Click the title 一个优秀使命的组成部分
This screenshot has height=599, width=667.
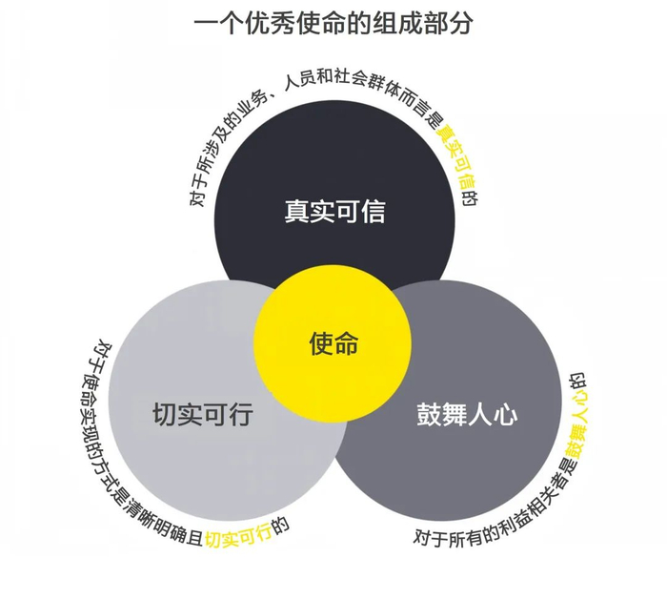pyautogui.click(x=333, y=24)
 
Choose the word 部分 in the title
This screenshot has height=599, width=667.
pyautogui.click(x=457, y=24)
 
